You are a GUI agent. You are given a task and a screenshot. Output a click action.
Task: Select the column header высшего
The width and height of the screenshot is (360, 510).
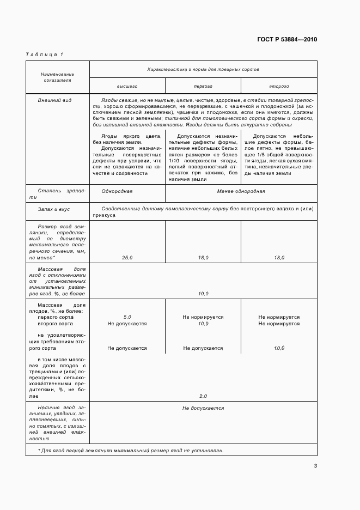point(127,86)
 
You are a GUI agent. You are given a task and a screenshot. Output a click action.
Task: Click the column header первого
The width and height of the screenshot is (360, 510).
point(203,86)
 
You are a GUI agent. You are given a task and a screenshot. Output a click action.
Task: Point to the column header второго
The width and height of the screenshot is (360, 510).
point(278,86)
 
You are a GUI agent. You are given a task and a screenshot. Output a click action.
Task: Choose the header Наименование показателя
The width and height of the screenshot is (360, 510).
point(57,77)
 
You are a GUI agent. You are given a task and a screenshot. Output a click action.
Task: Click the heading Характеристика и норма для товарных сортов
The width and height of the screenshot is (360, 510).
point(203,70)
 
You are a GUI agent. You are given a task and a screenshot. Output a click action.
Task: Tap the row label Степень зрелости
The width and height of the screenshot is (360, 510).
point(57,195)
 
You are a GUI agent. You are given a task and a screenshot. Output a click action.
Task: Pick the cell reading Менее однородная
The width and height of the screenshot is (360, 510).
point(241,192)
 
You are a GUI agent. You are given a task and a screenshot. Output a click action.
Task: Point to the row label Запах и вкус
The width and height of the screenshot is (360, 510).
point(53,209)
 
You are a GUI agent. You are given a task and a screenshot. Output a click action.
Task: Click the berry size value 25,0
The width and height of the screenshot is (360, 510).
point(127,257)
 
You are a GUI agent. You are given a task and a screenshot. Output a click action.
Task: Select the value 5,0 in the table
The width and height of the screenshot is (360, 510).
point(127,317)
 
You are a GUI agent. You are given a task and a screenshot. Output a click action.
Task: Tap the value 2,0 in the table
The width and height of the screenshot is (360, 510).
point(203,396)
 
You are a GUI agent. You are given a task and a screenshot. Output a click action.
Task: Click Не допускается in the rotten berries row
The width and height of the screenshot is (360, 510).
point(203,408)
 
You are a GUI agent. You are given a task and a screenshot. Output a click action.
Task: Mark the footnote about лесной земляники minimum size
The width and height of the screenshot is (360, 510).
point(131,451)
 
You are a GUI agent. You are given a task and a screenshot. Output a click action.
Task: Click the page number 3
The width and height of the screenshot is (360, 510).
point(315,465)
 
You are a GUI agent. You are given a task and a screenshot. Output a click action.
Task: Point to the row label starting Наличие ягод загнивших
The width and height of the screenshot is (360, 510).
point(57,423)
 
